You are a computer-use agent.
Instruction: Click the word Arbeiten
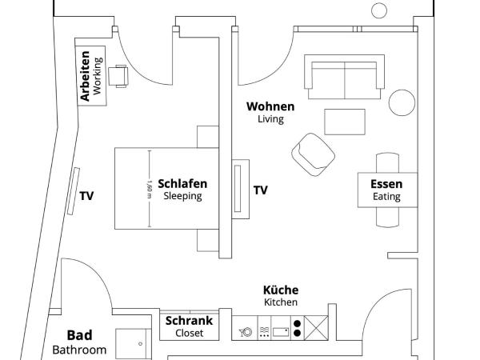click(86, 77)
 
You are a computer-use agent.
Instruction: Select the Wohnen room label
click(270, 106)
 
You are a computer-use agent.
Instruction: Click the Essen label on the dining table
click(386, 184)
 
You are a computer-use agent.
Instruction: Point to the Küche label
click(281, 290)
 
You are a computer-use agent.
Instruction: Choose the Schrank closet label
click(190, 321)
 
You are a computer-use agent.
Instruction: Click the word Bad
click(79, 335)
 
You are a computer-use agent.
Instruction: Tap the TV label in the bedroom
click(87, 194)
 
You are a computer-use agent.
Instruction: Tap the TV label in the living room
click(261, 190)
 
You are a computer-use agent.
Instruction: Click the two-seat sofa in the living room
click(344, 75)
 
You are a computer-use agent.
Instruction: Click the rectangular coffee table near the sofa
click(345, 122)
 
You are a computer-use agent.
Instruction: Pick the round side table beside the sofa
click(402, 102)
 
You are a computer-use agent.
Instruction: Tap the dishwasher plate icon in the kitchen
click(246, 330)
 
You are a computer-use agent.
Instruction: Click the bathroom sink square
click(134, 344)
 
